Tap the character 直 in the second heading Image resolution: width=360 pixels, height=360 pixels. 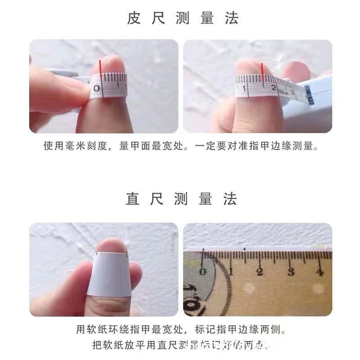click(133, 199)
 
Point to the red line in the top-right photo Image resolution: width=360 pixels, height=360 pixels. click(261, 74)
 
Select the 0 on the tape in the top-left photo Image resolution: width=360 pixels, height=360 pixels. click(96, 89)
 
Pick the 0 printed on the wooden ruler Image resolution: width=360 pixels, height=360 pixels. click(202, 271)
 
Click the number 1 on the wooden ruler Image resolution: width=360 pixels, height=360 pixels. click(231, 272)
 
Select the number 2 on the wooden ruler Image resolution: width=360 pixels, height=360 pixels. click(260, 272)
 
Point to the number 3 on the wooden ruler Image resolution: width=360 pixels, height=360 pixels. click(291, 272)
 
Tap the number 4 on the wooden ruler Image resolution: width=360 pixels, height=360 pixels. click(319, 272)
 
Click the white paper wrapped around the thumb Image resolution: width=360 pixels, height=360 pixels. click(111, 274)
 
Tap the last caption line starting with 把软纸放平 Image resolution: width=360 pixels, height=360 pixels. click(180, 346)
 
